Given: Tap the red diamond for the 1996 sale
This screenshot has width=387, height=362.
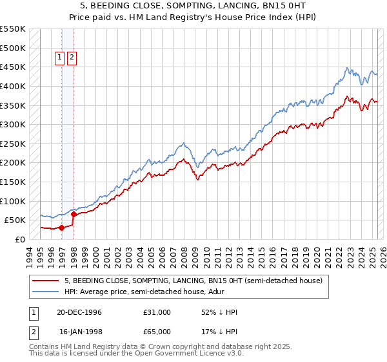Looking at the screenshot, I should click(61, 228).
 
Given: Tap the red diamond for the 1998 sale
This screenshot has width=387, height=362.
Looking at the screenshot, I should click(74, 214).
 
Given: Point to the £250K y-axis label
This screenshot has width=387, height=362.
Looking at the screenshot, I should click(13, 144).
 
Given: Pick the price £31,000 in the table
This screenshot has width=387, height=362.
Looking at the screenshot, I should click(157, 312).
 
